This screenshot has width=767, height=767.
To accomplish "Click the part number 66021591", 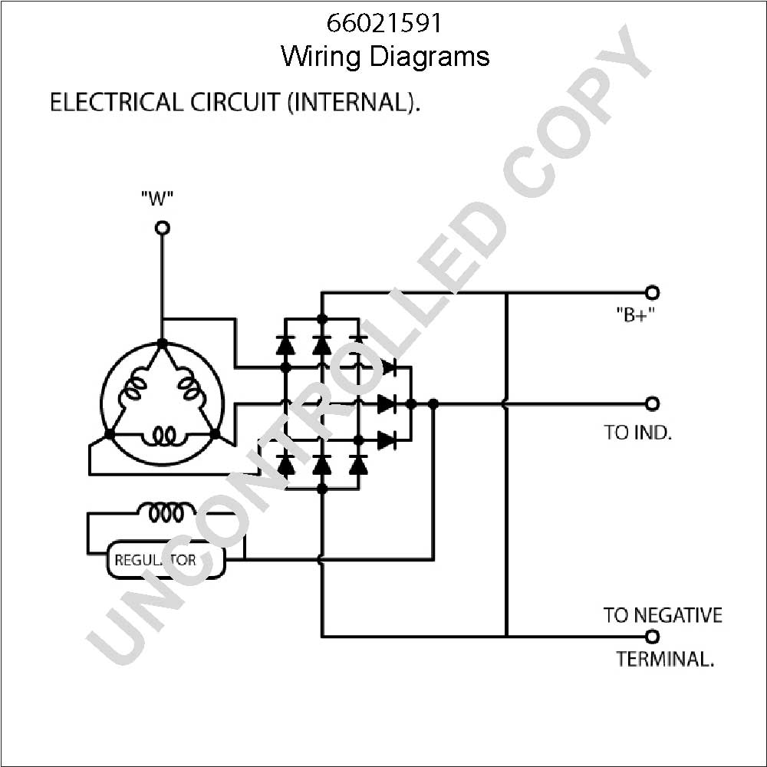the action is click(x=384, y=23).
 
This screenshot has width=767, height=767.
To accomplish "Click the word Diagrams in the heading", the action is click(x=429, y=57).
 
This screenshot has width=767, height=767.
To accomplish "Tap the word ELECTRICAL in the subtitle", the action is click(x=116, y=102).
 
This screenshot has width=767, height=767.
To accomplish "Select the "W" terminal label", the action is click(x=157, y=198).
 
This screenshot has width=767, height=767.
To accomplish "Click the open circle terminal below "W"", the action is click(x=163, y=228).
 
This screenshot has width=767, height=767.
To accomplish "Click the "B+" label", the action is click(x=635, y=315).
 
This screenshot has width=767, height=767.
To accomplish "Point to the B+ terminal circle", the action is click(x=652, y=292).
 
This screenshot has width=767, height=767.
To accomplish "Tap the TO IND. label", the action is click(x=637, y=433).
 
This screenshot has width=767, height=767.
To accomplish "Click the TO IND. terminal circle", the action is click(x=652, y=403).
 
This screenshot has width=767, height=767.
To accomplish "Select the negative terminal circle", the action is click(x=652, y=637).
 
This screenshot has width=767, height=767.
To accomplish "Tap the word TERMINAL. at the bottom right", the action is click(x=665, y=658).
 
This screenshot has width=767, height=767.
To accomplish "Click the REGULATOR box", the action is click(x=166, y=560).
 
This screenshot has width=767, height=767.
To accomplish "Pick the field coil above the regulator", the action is click(x=166, y=512).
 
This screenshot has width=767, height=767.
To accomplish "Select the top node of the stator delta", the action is click(x=163, y=344).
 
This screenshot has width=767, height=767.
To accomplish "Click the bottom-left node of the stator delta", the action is click(x=109, y=434).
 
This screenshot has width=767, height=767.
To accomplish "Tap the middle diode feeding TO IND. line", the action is click(x=387, y=403).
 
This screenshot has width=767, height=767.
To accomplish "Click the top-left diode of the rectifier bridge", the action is click(x=285, y=345).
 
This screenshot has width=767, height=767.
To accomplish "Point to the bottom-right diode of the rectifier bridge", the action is click(x=358, y=464).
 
